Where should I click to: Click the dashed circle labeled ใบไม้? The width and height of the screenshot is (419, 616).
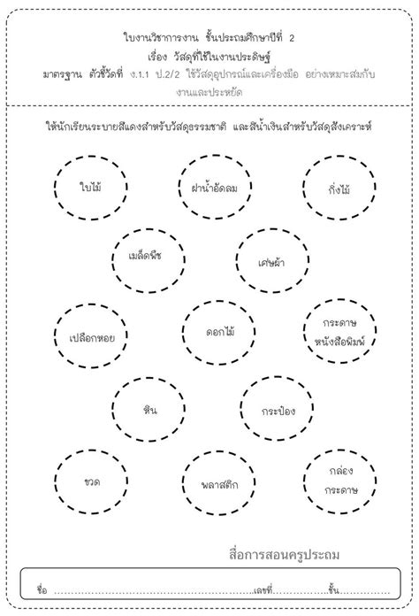coord(88,188)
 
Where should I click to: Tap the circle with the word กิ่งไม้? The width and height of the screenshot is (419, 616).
coord(335,188)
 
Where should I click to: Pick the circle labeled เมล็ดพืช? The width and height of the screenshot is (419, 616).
coord(151,259)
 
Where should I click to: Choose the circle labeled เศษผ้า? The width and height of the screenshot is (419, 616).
coord(270,259)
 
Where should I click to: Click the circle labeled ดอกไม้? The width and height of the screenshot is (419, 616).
coord(212,334)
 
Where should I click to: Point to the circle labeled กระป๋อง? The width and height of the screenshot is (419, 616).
coord(272,410)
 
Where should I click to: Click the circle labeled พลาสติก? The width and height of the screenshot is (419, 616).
coord(212,483)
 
